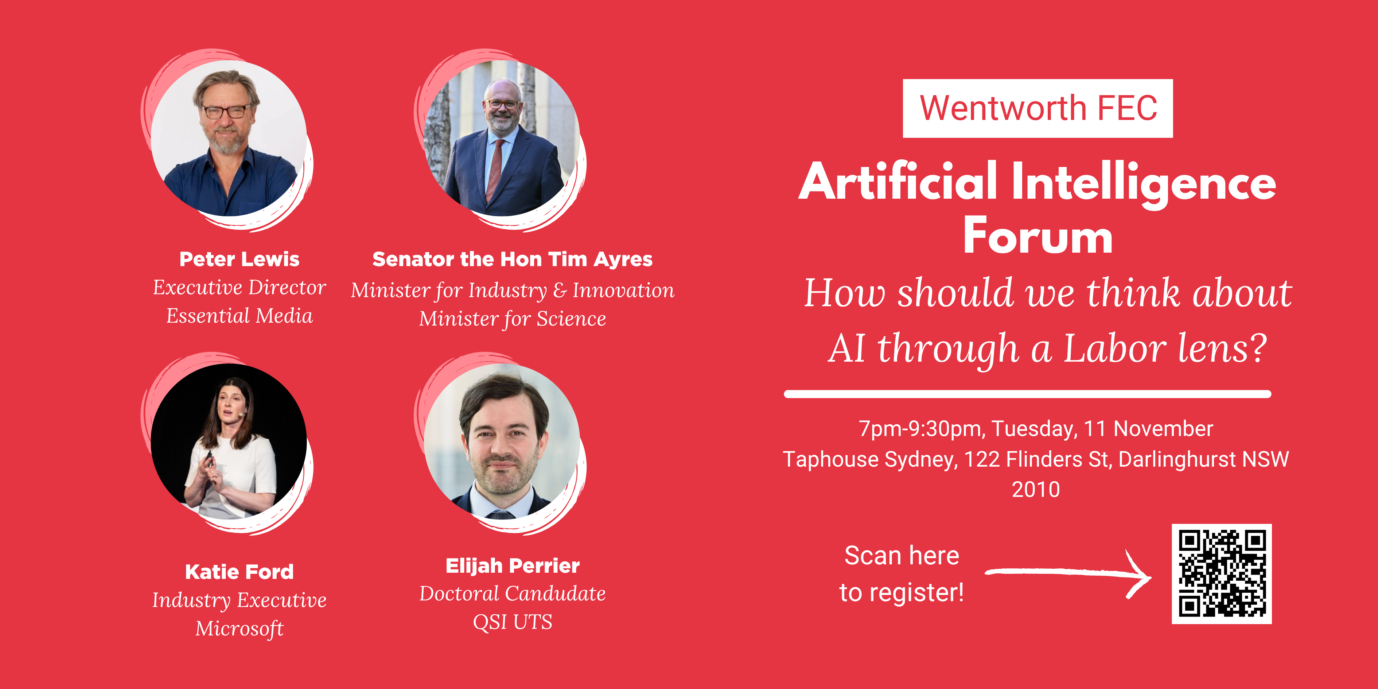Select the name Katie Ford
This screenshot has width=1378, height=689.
tap(239, 572)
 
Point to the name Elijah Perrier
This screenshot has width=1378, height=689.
tap(513, 566)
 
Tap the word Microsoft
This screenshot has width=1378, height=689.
tap(239, 628)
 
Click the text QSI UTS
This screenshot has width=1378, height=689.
tap(513, 622)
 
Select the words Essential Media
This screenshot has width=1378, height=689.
tap(239, 316)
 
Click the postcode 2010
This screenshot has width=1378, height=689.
tap(1036, 490)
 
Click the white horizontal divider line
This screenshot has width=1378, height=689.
tap(1027, 394)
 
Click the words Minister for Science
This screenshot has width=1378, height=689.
tap(513, 319)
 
